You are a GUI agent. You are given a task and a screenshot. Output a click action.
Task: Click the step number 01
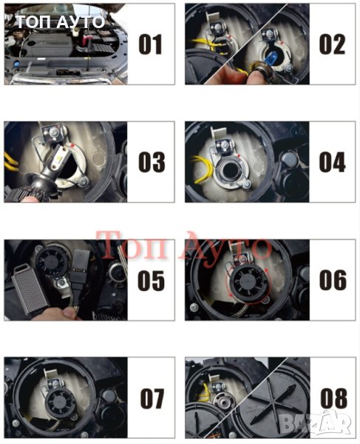click(x=150, y=44)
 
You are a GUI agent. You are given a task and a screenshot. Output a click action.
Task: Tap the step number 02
click(x=333, y=44)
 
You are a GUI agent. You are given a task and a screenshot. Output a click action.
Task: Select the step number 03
click(x=152, y=162)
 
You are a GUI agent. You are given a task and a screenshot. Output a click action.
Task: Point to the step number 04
click(x=333, y=162)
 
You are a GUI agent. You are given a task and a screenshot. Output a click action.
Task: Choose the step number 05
click(x=151, y=280)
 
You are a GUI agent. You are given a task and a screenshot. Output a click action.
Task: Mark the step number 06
click(x=333, y=280)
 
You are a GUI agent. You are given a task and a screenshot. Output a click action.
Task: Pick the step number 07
click(x=152, y=398)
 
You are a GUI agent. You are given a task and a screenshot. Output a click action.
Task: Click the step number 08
click(x=333, y=398)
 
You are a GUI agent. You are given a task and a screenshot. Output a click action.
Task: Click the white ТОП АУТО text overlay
click(x=60, y=22)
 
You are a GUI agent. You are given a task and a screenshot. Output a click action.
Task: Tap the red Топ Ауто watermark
click(x=183, y=246)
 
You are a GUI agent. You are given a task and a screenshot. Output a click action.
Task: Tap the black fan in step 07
click(x=60, y=401)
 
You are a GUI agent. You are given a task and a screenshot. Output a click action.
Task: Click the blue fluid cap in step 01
click(x=16, y=64)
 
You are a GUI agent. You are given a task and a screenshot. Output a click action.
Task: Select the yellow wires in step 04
click(x=203, y=167)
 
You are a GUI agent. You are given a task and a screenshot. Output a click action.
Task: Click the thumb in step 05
click(x=69, y=313)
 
